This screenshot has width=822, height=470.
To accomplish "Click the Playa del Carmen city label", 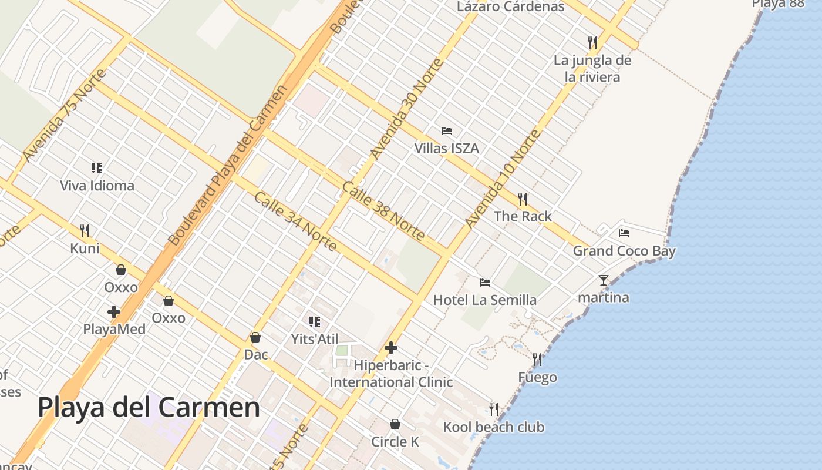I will tap(149, 407).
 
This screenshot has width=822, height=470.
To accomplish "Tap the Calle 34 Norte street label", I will tap(295, 221).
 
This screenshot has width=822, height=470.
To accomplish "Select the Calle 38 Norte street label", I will tap(382, 210).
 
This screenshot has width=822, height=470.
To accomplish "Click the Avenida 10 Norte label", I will tap(502, 179).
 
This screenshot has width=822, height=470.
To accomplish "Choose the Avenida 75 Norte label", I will tap(65, 115).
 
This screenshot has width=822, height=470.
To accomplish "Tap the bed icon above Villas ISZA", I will tap(447, 130).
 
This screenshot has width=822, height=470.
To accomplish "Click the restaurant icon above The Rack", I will tap(523, 199).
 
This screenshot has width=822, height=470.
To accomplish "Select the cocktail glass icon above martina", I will tap(604, 280).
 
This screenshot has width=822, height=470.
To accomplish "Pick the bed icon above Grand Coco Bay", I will tap(624, 233).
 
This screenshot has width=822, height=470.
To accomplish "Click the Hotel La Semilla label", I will tap(484, 300).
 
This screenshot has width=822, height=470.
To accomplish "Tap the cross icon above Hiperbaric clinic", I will tap(391, 348).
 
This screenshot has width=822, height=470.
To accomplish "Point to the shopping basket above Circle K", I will tap(395, 424).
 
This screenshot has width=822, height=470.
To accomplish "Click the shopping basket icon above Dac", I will tap(255, 337).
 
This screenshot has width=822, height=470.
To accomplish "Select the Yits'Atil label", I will tap(314, 339).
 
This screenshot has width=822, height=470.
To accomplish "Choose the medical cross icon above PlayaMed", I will tap(114, 312).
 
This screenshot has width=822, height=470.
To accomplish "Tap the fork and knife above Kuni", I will tap(85, 230).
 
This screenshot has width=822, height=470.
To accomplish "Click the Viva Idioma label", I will tap(97, 186).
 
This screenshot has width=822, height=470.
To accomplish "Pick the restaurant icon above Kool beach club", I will tap(494, 409).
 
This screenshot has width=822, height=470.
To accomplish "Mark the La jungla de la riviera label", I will tap(592, 68).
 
